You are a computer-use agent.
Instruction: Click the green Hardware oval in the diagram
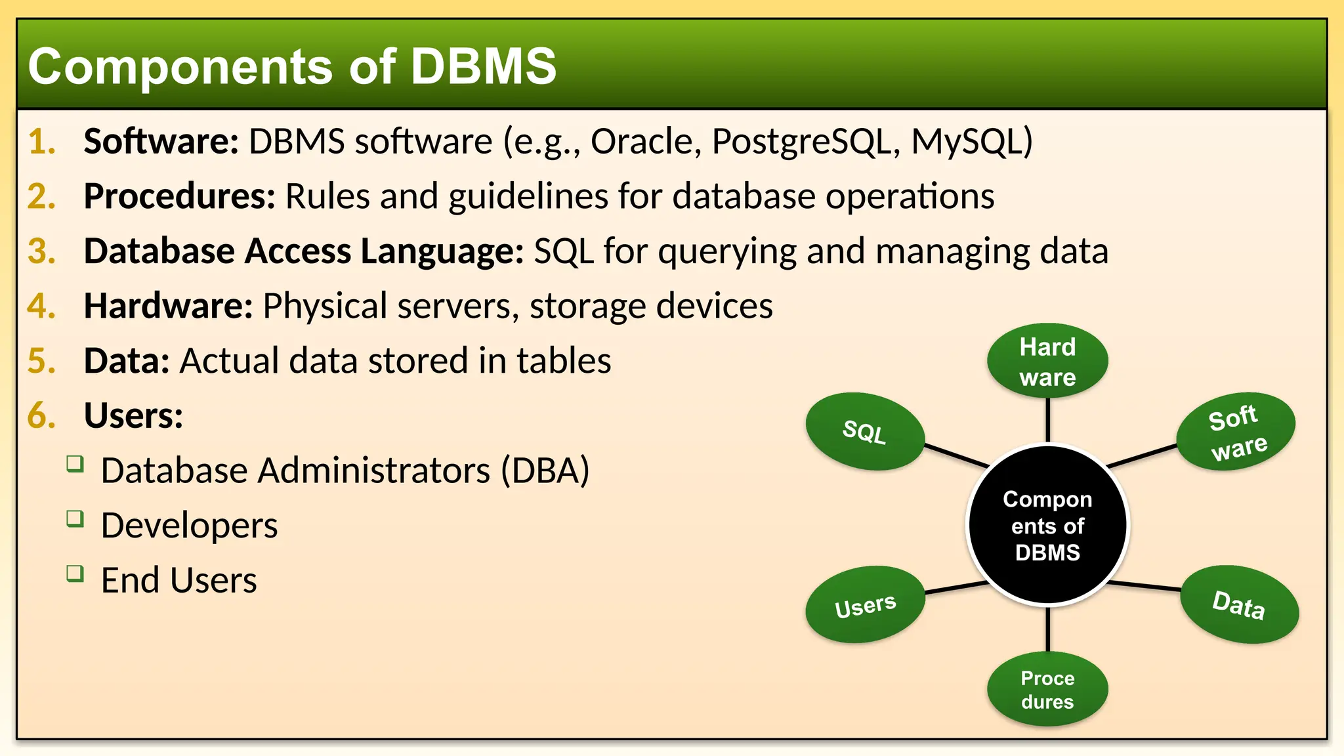point(1047,361)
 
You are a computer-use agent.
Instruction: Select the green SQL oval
point(865,431)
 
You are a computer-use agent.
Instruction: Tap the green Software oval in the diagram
point(1236,431)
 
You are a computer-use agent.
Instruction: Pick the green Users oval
point(865,604)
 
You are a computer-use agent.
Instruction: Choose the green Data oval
point(1239,604)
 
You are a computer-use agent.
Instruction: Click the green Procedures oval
point(1047,689)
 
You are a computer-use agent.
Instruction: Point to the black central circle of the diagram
point(1047,525)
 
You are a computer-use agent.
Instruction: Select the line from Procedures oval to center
point(1047,629)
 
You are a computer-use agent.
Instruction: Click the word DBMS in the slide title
point(483,66)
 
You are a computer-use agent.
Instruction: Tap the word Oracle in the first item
point(641,141)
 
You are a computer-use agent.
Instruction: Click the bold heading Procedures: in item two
point(179,196)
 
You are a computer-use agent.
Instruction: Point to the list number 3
point(41,251)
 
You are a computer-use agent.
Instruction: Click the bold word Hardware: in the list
point(168,306)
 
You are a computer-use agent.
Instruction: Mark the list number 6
point(41,416)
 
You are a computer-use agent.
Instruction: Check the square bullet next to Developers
point(75,519)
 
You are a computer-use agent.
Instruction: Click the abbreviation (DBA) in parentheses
point(545,471)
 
